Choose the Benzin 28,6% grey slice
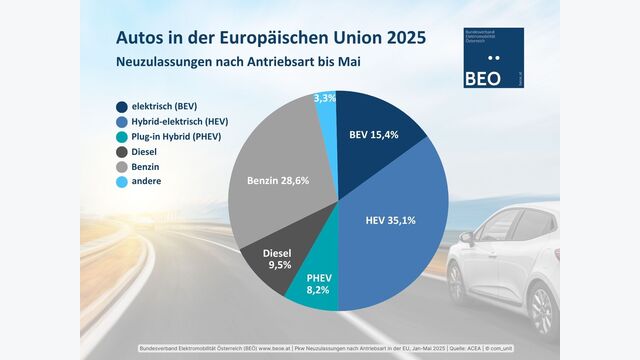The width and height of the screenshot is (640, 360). (270, 180)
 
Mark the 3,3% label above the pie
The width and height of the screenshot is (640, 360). (325, 99)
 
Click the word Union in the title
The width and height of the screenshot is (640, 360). (340, 37)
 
